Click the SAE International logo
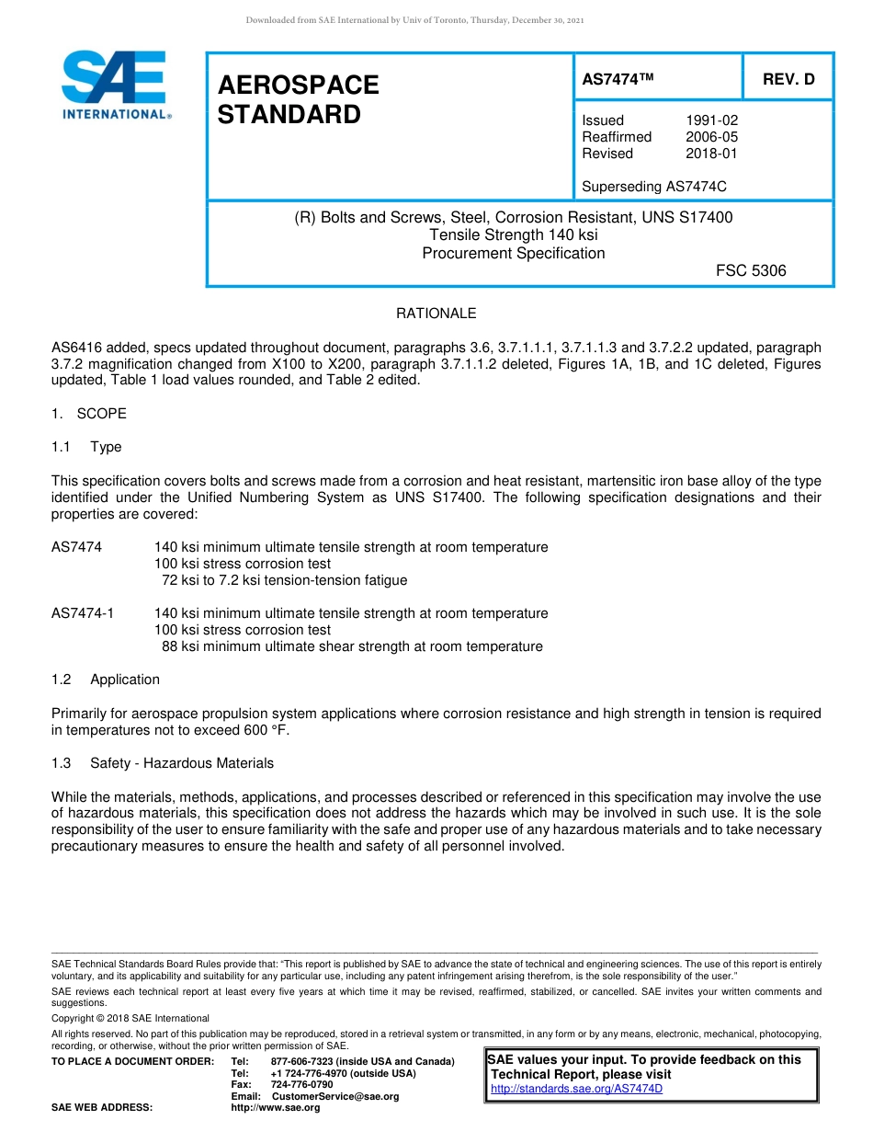tap(115, 85)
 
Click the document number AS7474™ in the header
tap(618, 80)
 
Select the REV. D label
tap(788, 80)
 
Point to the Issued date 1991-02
tap(711, 120)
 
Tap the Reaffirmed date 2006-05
tap(711, 137)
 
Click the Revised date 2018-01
tap(711, 154)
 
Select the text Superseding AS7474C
tap(654, 187)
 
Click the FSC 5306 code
tap(751, 270)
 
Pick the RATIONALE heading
tap(436, 314)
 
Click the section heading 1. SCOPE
tap(89, 414)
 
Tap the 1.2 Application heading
tap(106, 680)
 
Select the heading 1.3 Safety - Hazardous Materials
tap(163, 763)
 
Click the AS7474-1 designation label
tap(83, 613)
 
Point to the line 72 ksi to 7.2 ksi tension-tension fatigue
tap(284, 580)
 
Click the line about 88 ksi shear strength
tap(352, 646)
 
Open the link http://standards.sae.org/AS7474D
tap(576, 1090)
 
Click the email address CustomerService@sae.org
tap(335, 1096)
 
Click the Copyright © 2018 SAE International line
tap(130, 1018)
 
